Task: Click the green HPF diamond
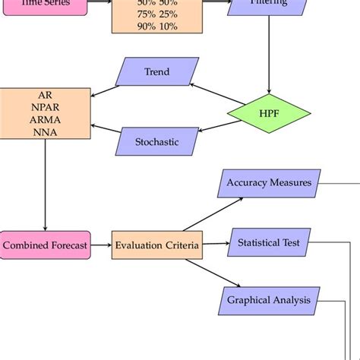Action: click(270, 113)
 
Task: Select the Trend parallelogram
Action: click(157, 72)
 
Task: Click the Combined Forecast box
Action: click(45, 245)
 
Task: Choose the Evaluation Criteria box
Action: click(157, 245)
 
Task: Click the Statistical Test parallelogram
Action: click(268, 243)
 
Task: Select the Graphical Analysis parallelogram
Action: click(268, 299)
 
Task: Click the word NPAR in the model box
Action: click(45, 107)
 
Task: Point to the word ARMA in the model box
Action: click(45, 119)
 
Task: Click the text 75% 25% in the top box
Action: click(156, 14)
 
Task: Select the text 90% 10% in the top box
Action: click(156, 27)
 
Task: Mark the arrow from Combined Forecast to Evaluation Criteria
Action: click(101, 245)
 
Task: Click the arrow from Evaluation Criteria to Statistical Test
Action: click(215, 244)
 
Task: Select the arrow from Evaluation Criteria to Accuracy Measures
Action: click(213, 214)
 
